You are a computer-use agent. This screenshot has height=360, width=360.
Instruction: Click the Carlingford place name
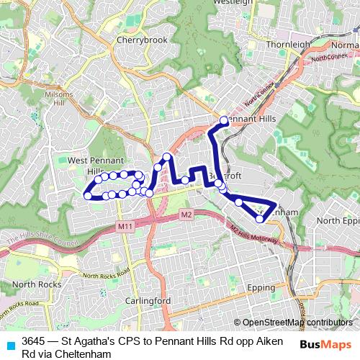click(x=146, y=300)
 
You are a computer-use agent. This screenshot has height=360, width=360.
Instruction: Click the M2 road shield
click(x=186, y=215)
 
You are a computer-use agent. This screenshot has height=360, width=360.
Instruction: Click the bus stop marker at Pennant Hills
click(x=224, y=120)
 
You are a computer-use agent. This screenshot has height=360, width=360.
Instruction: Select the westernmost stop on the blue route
click(x=88, y=195)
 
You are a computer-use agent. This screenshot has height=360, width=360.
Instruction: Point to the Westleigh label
click(x=232, y=2)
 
